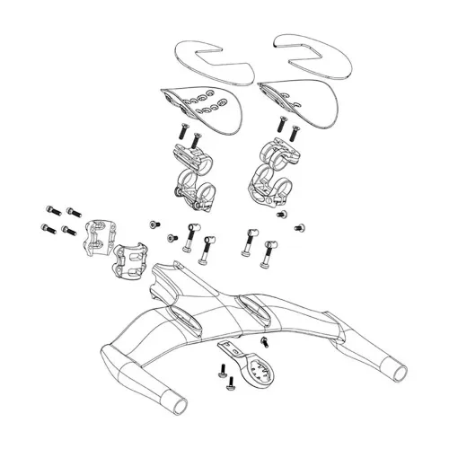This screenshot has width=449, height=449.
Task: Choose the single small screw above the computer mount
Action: click(265, 342)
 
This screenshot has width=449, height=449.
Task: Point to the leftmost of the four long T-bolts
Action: click(190, 238)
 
